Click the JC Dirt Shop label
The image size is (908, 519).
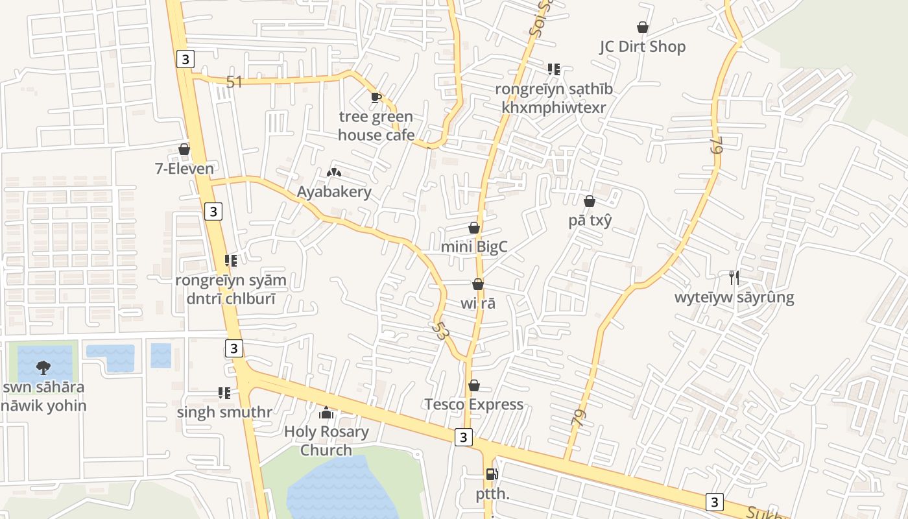point(642,47)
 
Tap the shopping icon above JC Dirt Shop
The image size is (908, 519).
point(642,27)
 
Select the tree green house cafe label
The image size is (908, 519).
point(376,126)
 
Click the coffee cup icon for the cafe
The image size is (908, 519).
point(376,98)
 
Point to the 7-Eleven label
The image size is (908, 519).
point(184,169)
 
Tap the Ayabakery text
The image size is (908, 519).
point(334,192)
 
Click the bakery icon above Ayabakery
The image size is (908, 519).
point(334,173)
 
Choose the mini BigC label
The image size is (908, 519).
point(473,247)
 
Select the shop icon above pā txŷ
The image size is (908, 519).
point(590,201)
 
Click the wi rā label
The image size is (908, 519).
point(478,303)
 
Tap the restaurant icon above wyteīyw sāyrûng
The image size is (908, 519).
point(734,278)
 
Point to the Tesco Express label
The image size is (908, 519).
point(473,405)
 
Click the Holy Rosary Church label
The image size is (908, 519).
point(326,441)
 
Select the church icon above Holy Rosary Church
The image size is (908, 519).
point(326,413)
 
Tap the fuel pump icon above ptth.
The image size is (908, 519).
point(492,474)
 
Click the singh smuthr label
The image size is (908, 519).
point(224,412)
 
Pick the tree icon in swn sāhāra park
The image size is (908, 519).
point(43,368)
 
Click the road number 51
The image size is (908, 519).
point(234,82)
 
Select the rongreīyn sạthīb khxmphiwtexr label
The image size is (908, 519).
point(554,98)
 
